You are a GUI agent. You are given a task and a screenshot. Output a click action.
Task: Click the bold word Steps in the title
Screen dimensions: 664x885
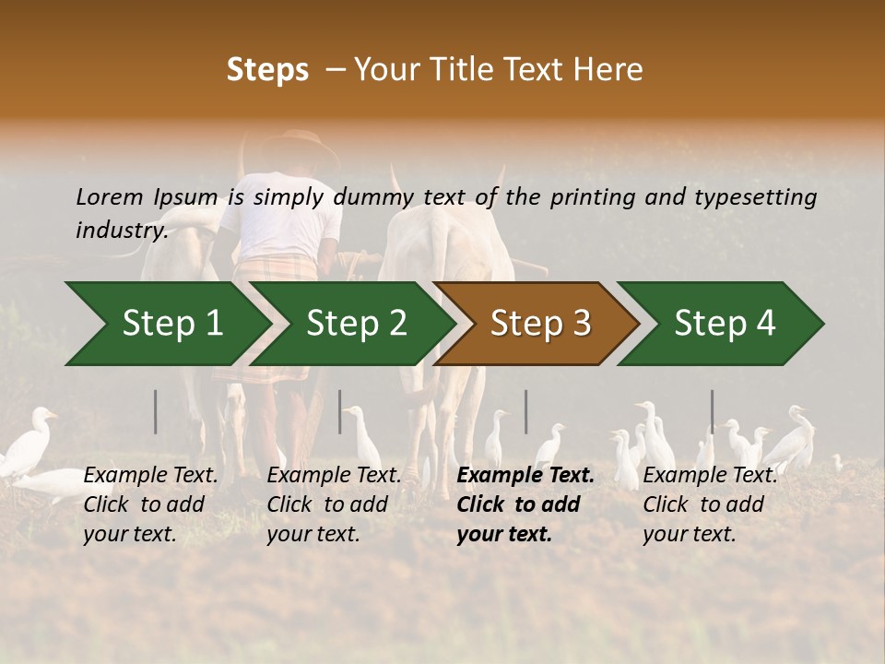tap(267, 70)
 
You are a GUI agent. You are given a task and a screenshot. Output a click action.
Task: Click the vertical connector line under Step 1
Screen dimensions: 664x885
tap(156, 411)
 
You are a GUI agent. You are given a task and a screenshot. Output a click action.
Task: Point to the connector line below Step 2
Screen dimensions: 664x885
tap(340, 411)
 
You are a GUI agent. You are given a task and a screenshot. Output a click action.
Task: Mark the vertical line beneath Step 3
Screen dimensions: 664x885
tap(526, 411)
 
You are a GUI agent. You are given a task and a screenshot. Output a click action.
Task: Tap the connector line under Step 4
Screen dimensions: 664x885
tap(712, 411)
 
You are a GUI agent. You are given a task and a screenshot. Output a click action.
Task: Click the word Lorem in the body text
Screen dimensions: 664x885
tap(110, 196)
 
